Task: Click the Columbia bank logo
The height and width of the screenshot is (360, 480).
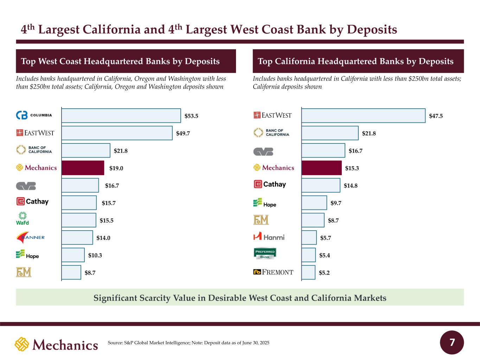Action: (34, 115)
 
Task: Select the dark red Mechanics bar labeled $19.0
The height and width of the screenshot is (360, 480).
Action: (83, 168)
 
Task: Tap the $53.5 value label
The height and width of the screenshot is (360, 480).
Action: (191, 116)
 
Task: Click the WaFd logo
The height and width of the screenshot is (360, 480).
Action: (23, 218)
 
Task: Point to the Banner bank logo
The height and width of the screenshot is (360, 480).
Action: (30, 237)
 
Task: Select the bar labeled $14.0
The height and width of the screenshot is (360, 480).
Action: (77, 238)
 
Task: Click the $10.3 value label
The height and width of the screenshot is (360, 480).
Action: (95, 255)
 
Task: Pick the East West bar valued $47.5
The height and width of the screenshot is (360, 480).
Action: (364, 116)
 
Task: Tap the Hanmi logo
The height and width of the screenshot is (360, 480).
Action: (269, 236)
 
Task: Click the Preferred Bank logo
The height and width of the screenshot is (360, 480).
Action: (265, 253)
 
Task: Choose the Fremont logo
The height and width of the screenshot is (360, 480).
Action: (273, 272)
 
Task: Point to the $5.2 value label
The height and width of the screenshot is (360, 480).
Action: (324, 273)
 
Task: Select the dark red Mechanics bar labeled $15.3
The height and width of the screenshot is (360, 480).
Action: (321, 168)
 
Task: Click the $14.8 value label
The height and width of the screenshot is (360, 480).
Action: (351, 186)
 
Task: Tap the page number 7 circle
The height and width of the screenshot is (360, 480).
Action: (452, 342)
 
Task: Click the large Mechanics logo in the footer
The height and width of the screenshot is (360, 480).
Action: (56, 344)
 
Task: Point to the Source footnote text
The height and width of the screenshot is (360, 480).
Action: (188, 343)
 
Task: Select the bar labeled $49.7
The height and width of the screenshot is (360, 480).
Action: (117, 133)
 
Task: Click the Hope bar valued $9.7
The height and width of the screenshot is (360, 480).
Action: (314, 203)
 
